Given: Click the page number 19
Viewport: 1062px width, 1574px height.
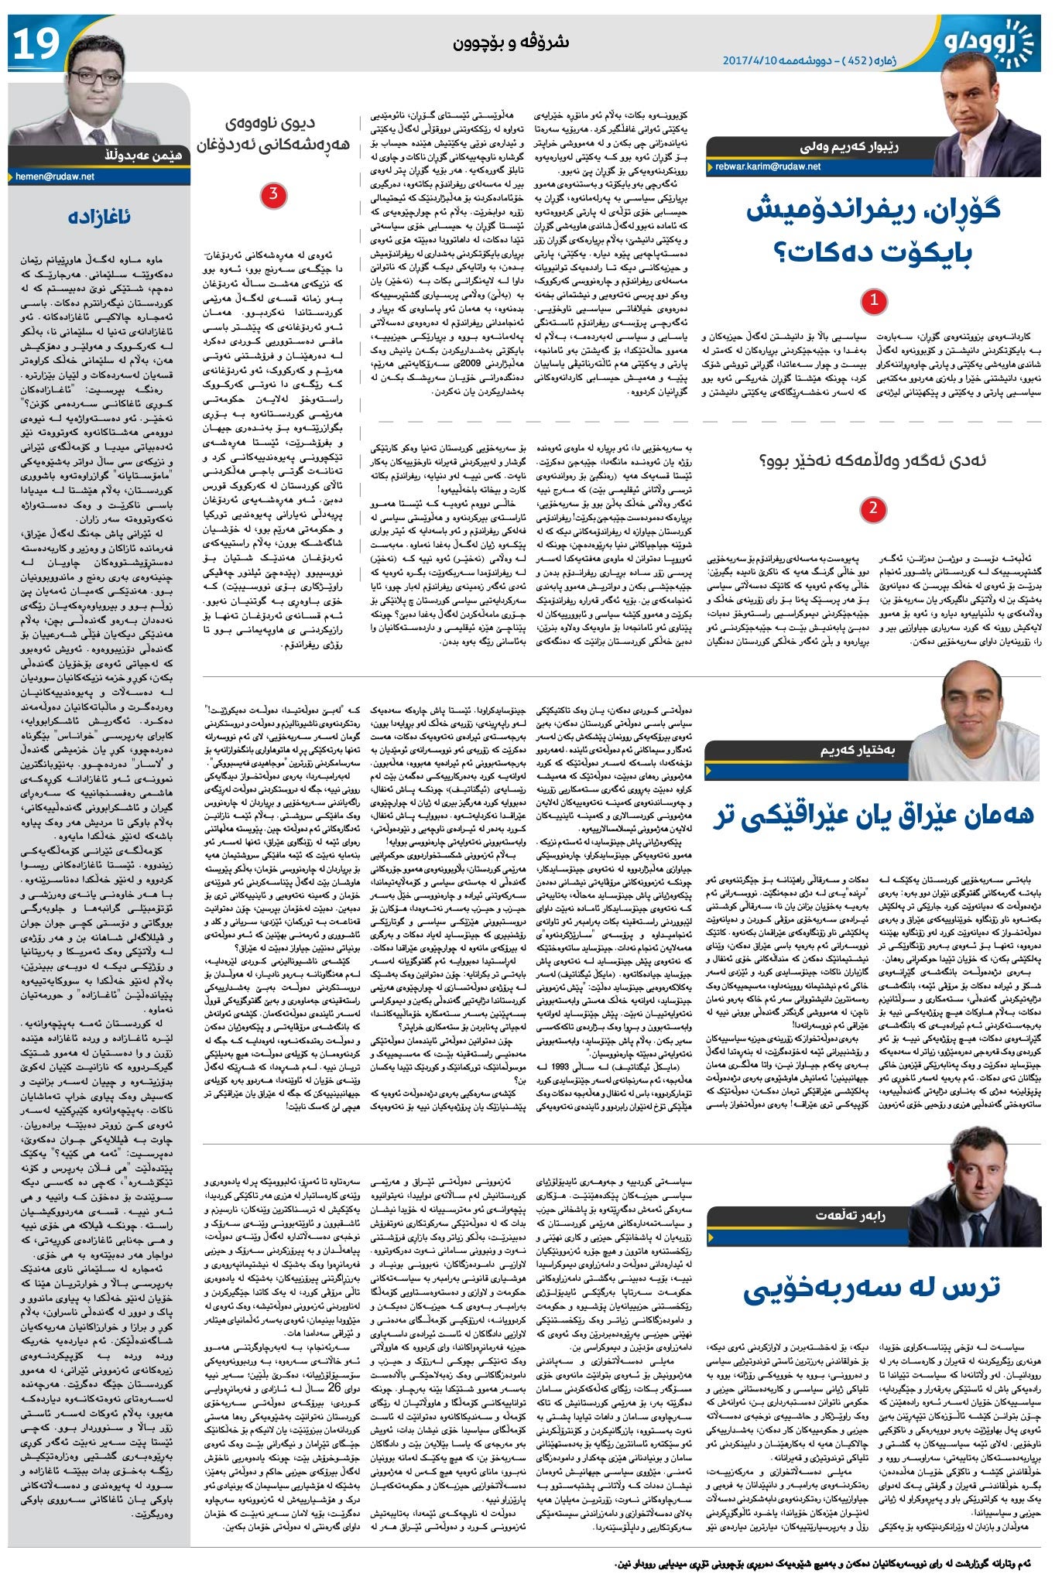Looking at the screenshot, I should (x=35, y=44).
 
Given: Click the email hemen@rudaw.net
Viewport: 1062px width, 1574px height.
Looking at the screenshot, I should (x=54, y=177).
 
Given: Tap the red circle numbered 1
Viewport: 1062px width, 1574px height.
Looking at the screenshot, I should (x=874, y=300).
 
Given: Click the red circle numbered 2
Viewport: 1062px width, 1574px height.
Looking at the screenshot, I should (x=873, y=508).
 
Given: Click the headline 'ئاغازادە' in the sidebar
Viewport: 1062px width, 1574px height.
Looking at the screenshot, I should (x=98, y=217).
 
